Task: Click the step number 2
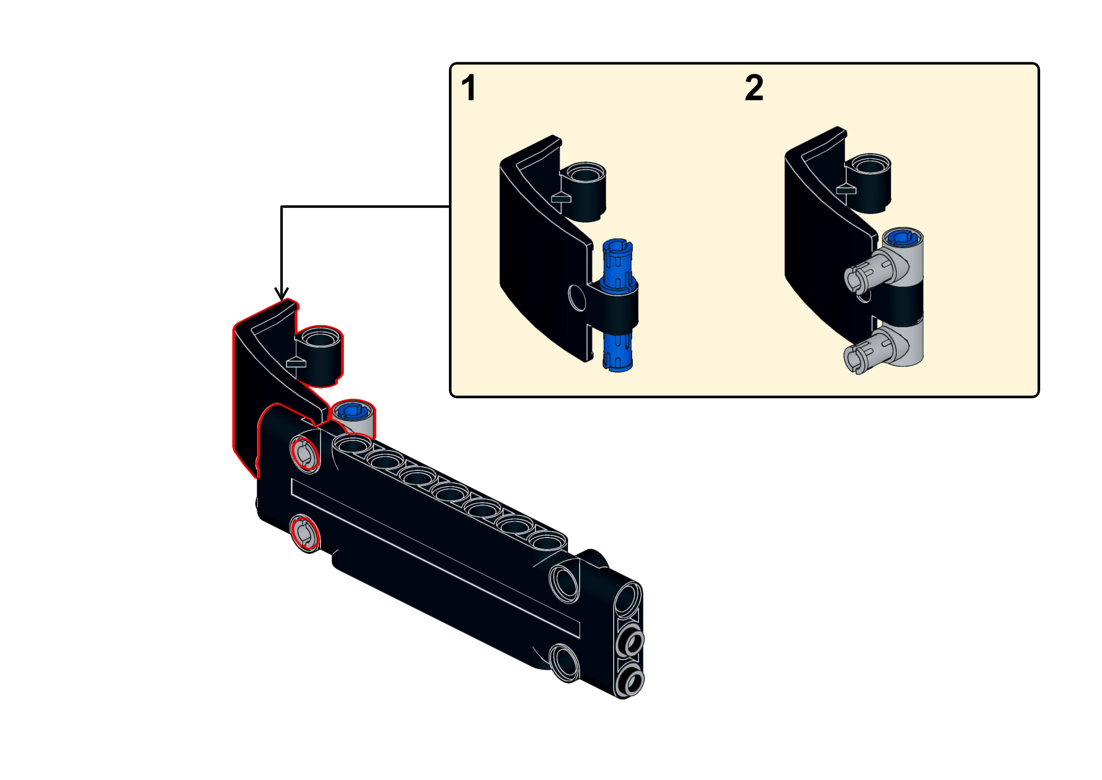point(754,88)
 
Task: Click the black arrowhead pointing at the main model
point(281,293)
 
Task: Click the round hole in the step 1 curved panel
point(577,297)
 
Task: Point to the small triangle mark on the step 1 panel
point(560,197)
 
